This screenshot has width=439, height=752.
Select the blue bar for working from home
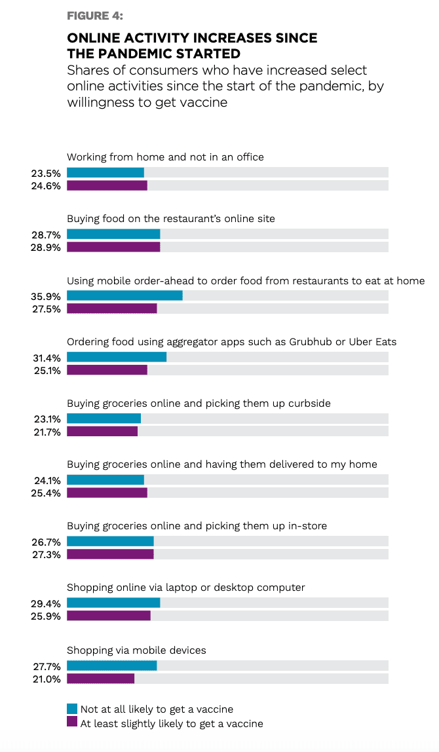click(x=105, y=172)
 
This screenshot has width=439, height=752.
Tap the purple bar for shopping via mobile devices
click(x=100, y=679)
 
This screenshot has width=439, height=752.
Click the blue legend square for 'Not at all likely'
click(x=72, y=709)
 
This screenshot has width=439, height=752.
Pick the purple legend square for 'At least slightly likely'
click(x=72, y=723)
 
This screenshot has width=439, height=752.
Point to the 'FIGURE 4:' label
click(x=95, y=16)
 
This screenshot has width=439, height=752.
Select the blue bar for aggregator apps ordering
click(x=116, y=357)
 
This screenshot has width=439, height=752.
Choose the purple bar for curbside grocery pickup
click(x=102, y=431)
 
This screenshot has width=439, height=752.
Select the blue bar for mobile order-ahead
click(x=124, y=295)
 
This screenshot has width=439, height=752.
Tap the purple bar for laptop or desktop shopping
click(x=109, y=616)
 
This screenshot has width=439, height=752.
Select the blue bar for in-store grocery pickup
click(x=110, y=542)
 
